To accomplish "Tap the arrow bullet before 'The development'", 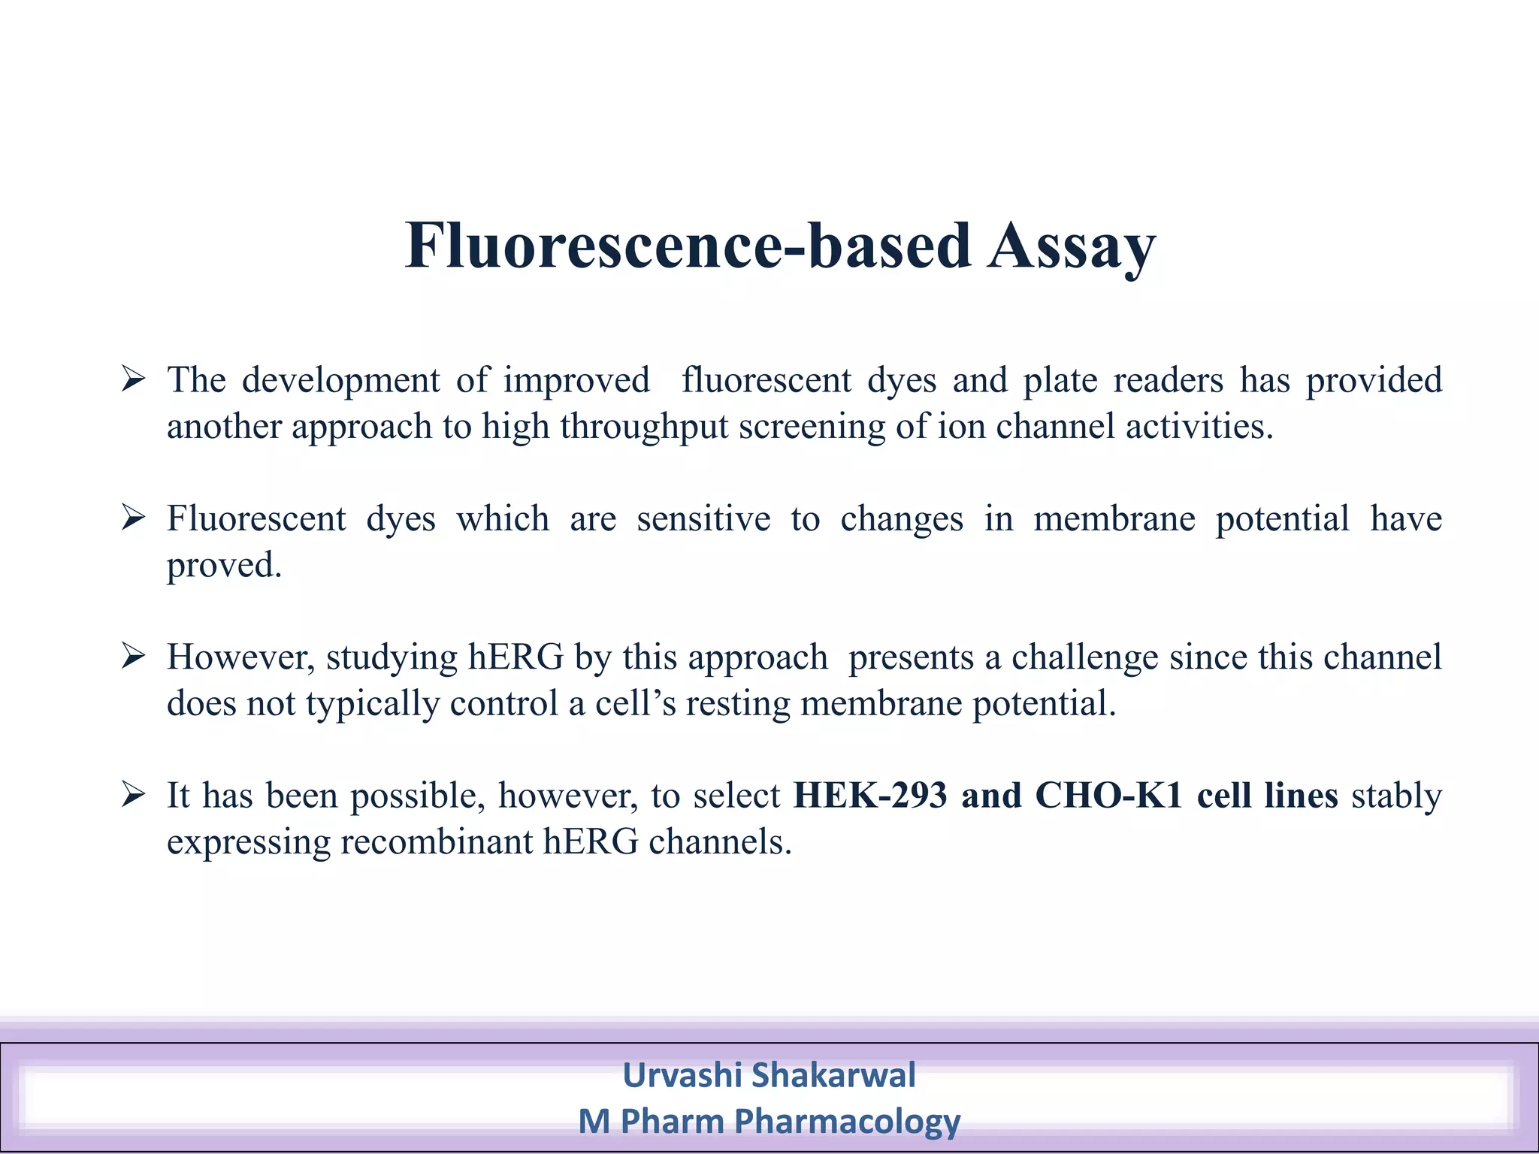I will pos(133,379).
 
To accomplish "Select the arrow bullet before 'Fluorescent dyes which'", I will pos(133,518).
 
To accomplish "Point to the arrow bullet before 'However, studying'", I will pos(133,656).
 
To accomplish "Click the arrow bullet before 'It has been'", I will pos(133,794).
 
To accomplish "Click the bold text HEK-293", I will pos(870,795).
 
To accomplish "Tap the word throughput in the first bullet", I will pos(644,427).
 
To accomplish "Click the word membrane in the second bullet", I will pos(1114,518).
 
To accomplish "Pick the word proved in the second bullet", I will pos(223,566).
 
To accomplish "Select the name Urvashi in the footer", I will pos(682,1074).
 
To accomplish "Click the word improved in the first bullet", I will pos(576,380).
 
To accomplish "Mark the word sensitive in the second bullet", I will pos(703,518).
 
